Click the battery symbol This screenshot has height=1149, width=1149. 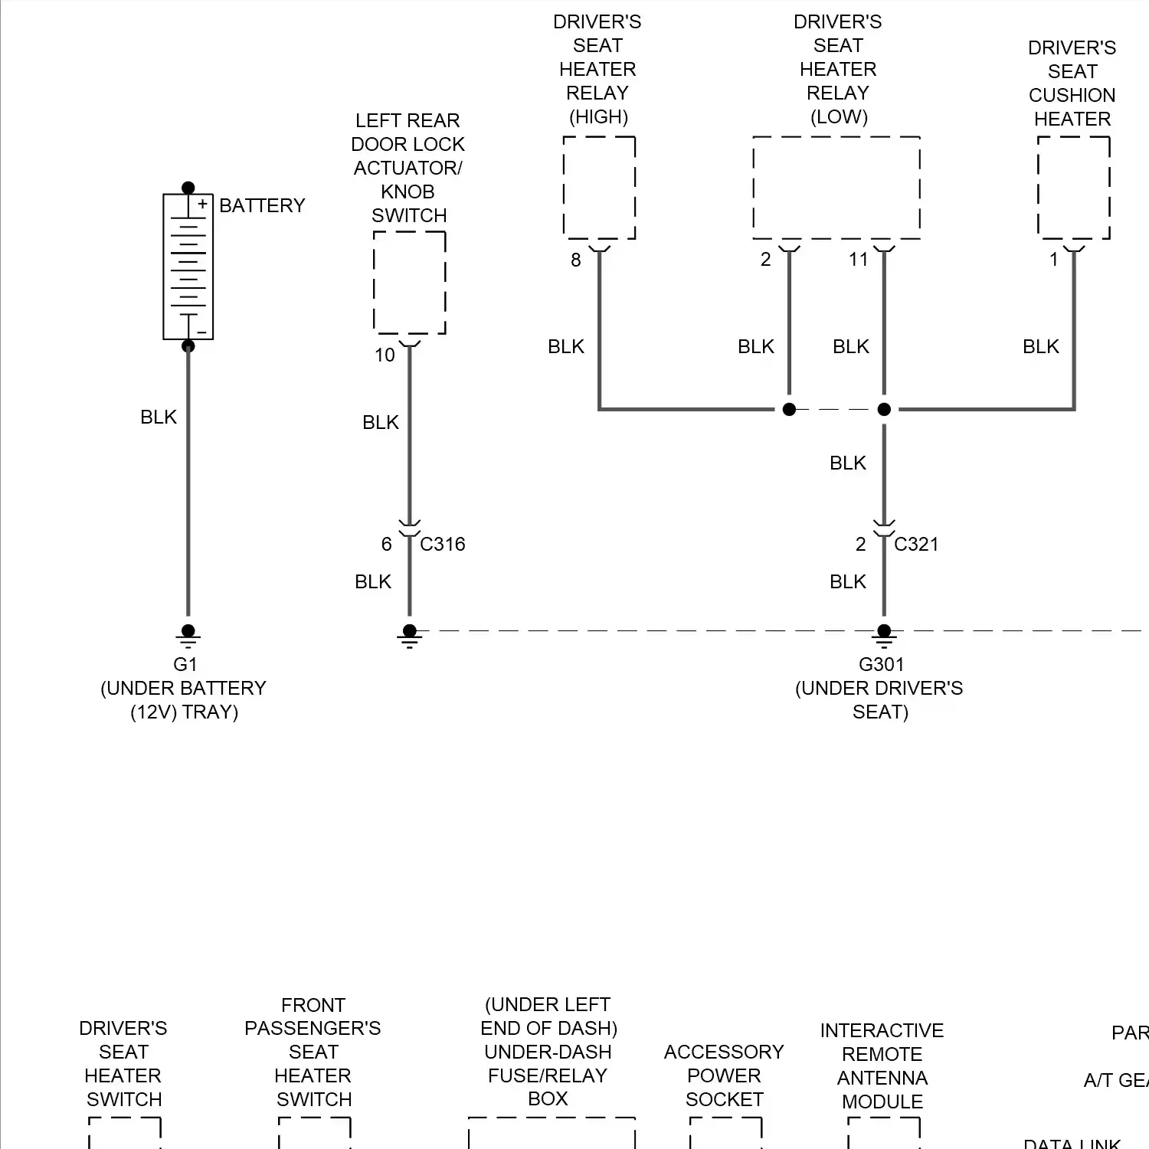tap(188, 267)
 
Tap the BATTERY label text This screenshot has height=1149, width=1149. tap(262, 205)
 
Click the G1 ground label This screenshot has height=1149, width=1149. tap(185, 664)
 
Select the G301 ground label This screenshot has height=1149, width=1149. tap(881, 664)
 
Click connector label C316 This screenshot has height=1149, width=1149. tap(442, 544)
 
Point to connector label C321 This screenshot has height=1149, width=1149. tap(915, 544)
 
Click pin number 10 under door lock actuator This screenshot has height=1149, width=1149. tap(385, 355)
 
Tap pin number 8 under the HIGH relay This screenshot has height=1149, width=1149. tap(575, 260)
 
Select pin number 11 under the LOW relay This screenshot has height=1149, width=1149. tap(858, 260)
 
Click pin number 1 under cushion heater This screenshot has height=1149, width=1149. tap(1053, 260)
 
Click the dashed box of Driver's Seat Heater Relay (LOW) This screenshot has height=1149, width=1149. tap(836, 188)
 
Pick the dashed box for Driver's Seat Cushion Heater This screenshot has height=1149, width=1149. tap(1073, 188)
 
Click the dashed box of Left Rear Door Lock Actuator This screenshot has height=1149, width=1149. tap(409, 283)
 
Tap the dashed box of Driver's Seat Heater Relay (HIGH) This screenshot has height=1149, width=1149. tap(599, 188)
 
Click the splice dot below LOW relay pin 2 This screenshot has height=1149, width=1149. tap(789, 409)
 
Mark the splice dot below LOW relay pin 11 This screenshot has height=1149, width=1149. tap(884, 409)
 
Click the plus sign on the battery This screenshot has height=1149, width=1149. tap(202, 204)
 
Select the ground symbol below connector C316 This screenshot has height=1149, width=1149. tap(409, 636)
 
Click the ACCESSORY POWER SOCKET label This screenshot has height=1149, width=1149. tap(724, 1075)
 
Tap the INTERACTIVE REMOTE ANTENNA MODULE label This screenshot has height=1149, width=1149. tap(882, 1066)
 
